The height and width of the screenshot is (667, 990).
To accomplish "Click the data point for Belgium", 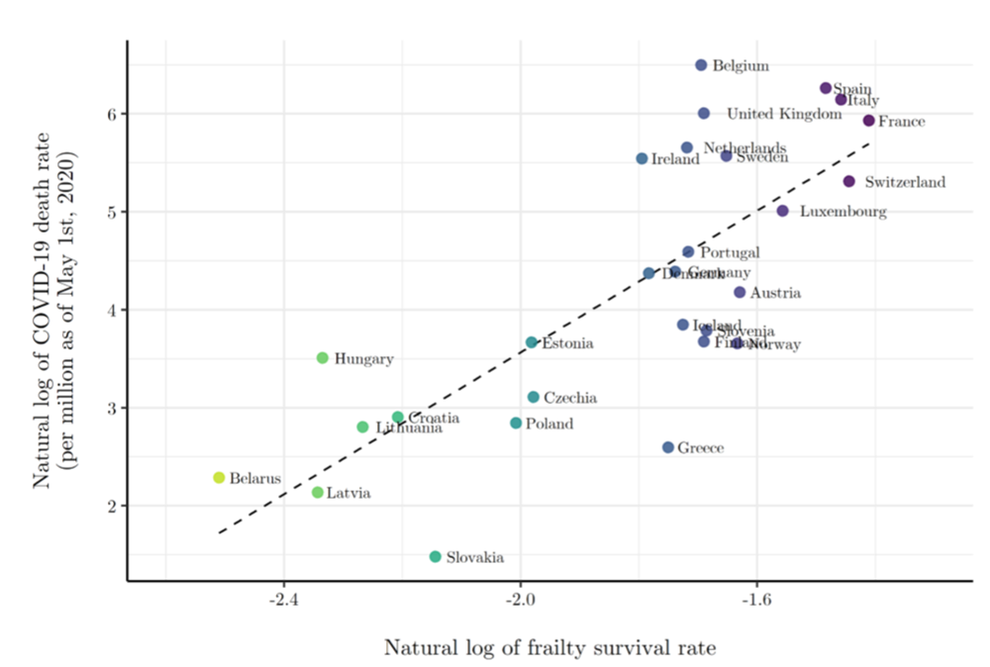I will [x=701, y=65].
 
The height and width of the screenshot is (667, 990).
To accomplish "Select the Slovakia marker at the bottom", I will [x=435, y=557].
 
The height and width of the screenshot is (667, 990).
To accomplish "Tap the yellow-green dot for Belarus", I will [x=219, y=478].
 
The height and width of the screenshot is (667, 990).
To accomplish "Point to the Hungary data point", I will [x=322, y=358].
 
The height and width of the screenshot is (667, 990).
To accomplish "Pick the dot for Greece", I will [x=668, y=448].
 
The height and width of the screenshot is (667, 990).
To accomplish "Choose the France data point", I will [x=868, y=121].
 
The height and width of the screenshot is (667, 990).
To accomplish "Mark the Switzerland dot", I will [x=848, y=181].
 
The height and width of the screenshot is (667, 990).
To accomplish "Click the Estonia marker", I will [x=532, y=342].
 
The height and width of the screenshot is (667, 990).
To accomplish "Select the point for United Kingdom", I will [x=703, y=114].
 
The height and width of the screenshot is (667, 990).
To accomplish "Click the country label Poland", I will [x=548, y=425].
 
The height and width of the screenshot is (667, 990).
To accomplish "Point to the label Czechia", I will [x=569, y=398].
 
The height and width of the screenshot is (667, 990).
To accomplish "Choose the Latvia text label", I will [x=348, y=493].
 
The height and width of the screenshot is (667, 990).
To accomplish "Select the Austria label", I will [x=775, y=293].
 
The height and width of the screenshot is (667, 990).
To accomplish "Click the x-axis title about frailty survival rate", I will [x=549, y=648].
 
